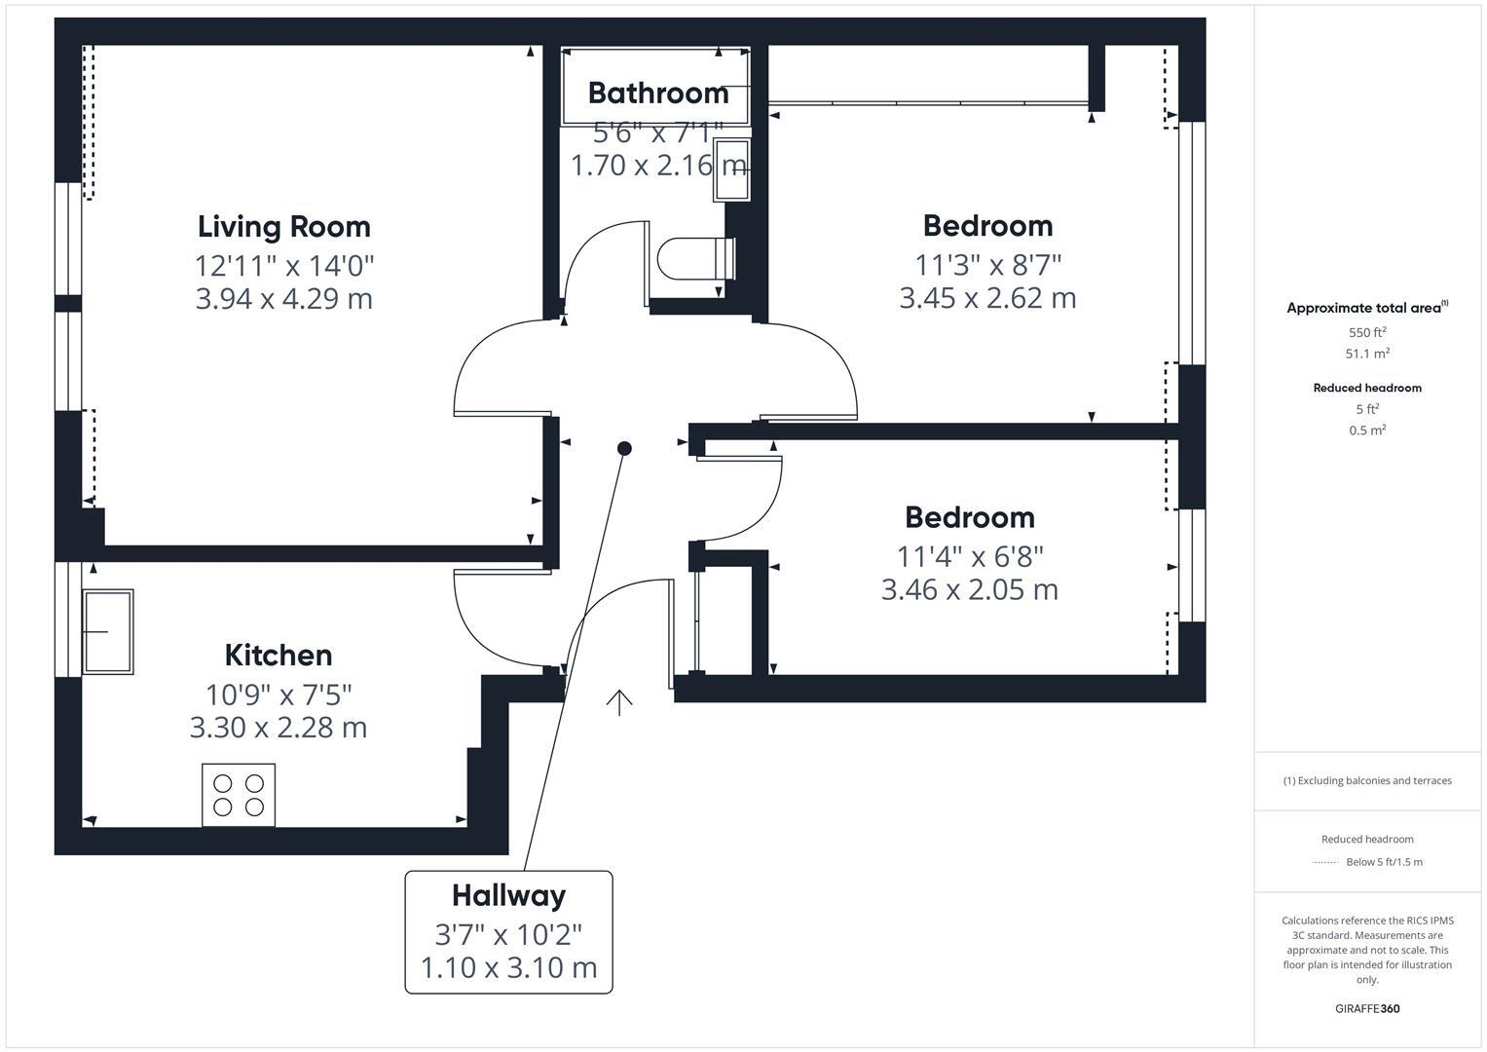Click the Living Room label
pos(283,226)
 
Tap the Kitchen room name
pos(278,655)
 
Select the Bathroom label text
pos(658,93)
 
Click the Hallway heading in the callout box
pos(508,895)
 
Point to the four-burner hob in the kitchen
pos(239,795)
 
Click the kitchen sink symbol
pos(107,631)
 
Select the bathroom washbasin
pos(731,169)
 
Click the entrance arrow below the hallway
pos(619,701)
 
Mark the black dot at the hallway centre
pos(624,448)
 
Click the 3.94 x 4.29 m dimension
pos(283,298)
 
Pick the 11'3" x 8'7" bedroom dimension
pos(987,264)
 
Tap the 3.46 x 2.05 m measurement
pos(969,589)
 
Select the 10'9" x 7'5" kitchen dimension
pos(278,695)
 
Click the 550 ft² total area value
pos(1367,332)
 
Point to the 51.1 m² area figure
pos(1367,354)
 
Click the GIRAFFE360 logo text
pos(1367,1008)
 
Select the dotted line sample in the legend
pos(1324,862)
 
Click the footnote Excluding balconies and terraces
pos(1367,780)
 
